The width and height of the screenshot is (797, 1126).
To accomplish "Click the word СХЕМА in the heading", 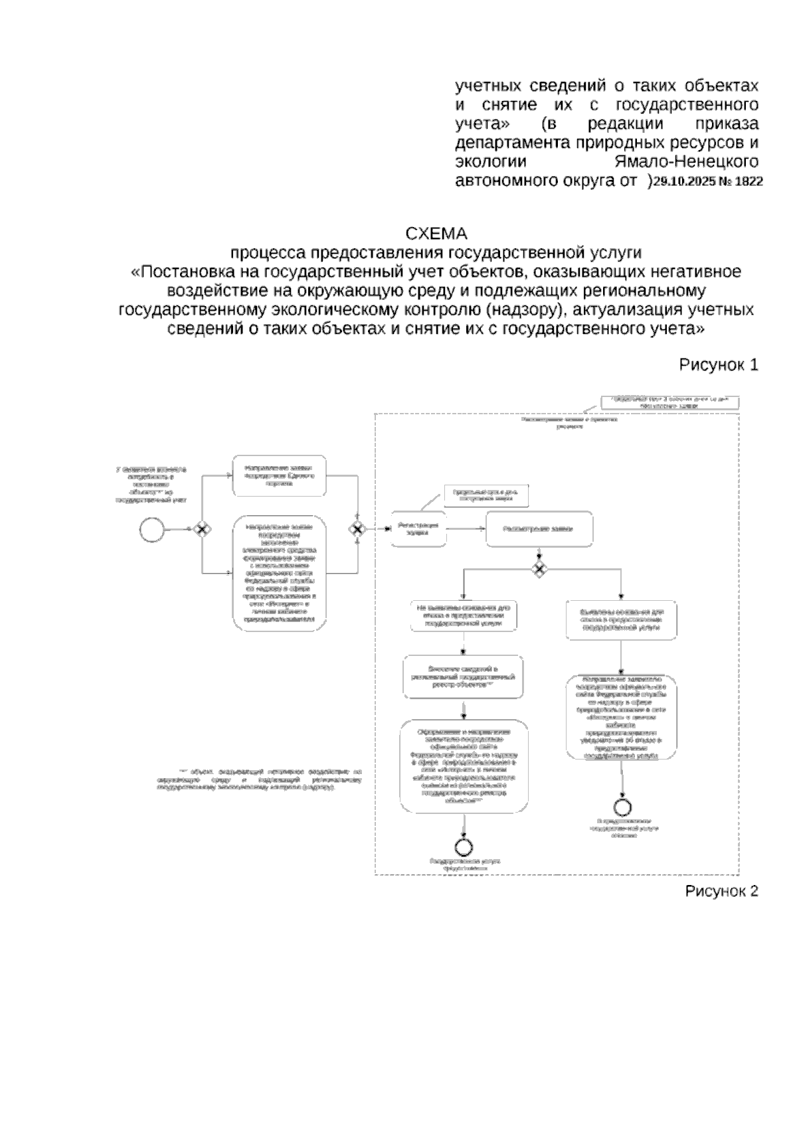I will (436, 234).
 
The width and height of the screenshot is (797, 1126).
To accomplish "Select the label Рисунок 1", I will (718, 364).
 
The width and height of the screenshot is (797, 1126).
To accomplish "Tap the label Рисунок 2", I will (721, 891).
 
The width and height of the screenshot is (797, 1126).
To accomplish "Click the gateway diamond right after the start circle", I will (202, 529).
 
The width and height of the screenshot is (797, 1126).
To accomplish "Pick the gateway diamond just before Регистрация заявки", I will (358, 529).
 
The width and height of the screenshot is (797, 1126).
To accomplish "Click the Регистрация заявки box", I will (418, 529).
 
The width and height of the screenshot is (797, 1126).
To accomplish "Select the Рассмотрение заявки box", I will (539, 529).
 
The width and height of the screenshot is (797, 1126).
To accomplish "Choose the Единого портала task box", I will (280, 475).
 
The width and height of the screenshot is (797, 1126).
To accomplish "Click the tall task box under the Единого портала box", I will (280, 574).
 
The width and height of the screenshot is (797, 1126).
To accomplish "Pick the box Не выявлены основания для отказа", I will (463, 615).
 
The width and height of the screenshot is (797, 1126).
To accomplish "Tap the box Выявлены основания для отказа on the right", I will (621, 619).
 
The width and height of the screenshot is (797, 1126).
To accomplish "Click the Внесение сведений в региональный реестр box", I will (463, 677).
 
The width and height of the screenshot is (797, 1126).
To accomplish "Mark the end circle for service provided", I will (463, 846).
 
